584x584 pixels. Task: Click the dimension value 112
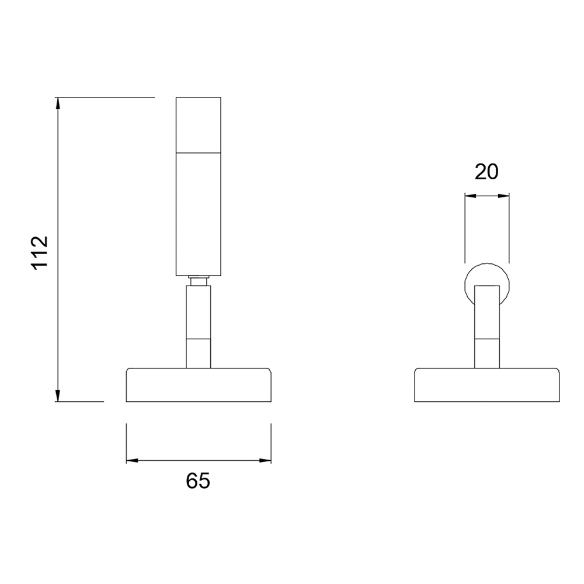[x=40, y=252]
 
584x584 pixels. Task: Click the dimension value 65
[x=198, y=481]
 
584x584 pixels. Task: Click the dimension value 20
[x=486, y=172]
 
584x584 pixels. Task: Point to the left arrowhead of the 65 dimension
[x=132, y=460]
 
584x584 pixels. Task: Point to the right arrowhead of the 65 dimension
[x=265, y=460]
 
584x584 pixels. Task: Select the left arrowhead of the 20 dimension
[x=471, y=196]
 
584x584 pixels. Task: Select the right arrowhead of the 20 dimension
[x=503, y=196]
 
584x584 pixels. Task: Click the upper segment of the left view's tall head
[x=199, y=125]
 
